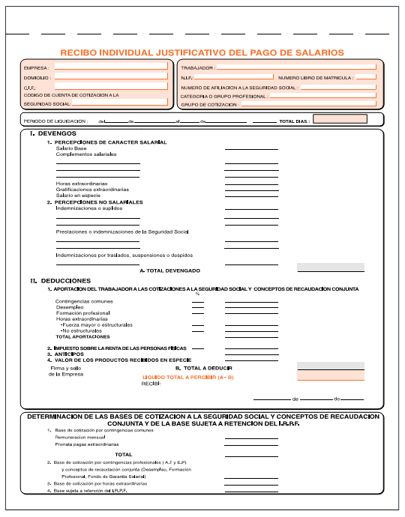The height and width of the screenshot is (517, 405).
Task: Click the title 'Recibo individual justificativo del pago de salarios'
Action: click(x=202, y=52)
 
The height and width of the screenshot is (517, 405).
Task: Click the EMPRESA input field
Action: click(x=111, y=66)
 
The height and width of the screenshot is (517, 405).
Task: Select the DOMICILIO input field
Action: click(x=111, y=77)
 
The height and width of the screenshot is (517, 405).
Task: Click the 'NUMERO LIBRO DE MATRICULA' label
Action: click(x=316, y=77)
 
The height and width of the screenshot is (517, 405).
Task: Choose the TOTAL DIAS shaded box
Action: click(x=340, y=119)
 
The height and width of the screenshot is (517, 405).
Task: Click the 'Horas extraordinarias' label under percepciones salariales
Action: click(x=81, y=184)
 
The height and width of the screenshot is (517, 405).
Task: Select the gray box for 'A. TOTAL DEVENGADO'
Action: click(x=331, y=267)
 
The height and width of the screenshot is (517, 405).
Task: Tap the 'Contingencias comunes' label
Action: click(x=84, y=301)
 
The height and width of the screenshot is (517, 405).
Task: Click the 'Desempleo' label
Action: click(x=70, y=307)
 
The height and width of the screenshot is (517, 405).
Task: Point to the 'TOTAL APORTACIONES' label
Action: click(x=82, y=336)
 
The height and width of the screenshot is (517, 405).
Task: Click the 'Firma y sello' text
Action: click(x=65, y=368)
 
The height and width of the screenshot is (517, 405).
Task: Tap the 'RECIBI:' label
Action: click(x=152, y=384)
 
